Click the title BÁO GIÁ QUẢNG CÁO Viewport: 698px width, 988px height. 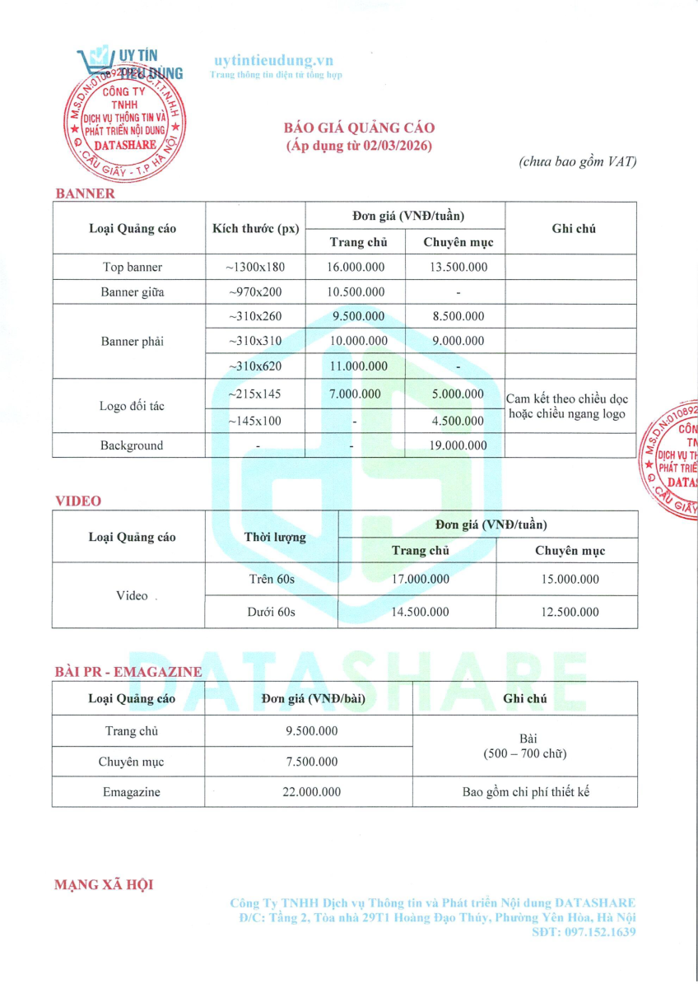coord(359,128)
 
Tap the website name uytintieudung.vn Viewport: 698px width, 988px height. coord(273,61)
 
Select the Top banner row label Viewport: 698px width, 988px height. coord(133,267)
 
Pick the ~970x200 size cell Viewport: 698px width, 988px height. coord(255,291)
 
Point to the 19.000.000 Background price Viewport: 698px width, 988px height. coord(458,445)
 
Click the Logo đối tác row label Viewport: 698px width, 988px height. coord(133,406)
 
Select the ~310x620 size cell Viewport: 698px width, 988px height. coord(255,366)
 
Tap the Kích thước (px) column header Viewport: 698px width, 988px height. coord(255,228)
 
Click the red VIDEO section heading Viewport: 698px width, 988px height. coord(78,501)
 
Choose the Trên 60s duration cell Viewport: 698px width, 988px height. coord(272,579)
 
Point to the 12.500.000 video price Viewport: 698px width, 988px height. coord(566,612)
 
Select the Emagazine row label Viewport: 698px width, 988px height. coord(132,792)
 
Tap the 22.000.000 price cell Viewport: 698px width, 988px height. coord(311,792)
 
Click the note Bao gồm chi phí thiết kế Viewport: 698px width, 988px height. coord(525,792)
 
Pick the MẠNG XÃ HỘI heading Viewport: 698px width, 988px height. coord(104,885)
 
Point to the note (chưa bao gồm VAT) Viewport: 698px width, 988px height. coord(578,162)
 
